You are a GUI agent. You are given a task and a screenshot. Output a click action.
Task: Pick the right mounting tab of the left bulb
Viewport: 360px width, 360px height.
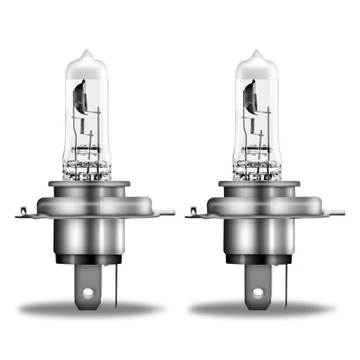[x=161, y=211]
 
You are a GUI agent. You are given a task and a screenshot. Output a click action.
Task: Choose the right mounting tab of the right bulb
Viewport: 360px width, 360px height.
[x=331, y=211]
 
